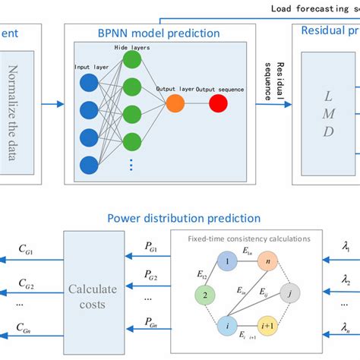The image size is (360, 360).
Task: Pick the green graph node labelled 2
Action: click(x=204, y=293)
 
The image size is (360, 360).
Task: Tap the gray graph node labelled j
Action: click(x=286, y=293)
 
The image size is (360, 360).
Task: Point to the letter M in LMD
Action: click(x=330, y=114)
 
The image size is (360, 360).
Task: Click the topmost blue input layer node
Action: click(x=89, y=81)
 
